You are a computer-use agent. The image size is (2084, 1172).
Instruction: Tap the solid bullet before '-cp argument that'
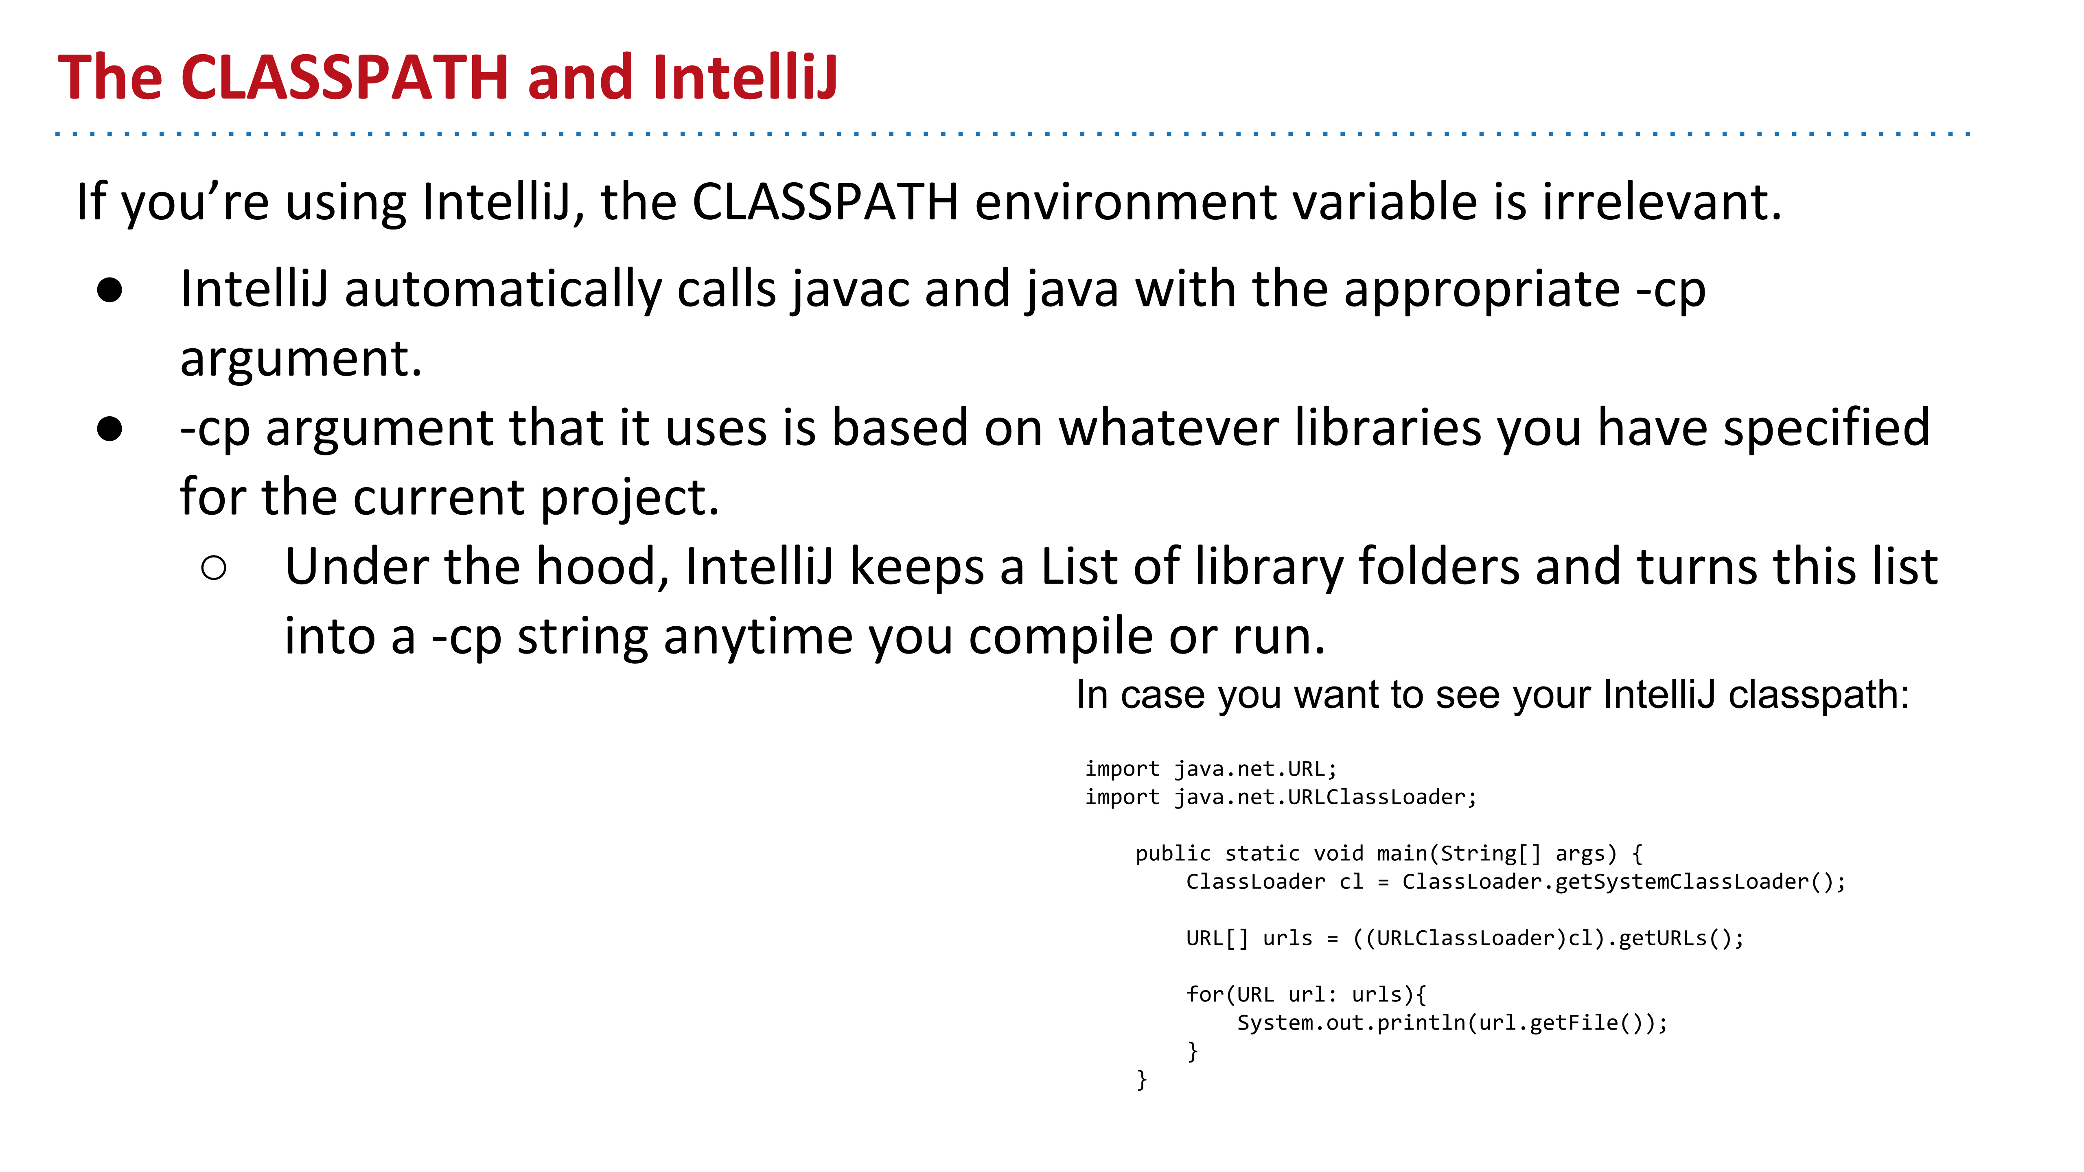click(109, 429)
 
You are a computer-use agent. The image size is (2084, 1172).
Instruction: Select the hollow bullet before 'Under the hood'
click(214, 568)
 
